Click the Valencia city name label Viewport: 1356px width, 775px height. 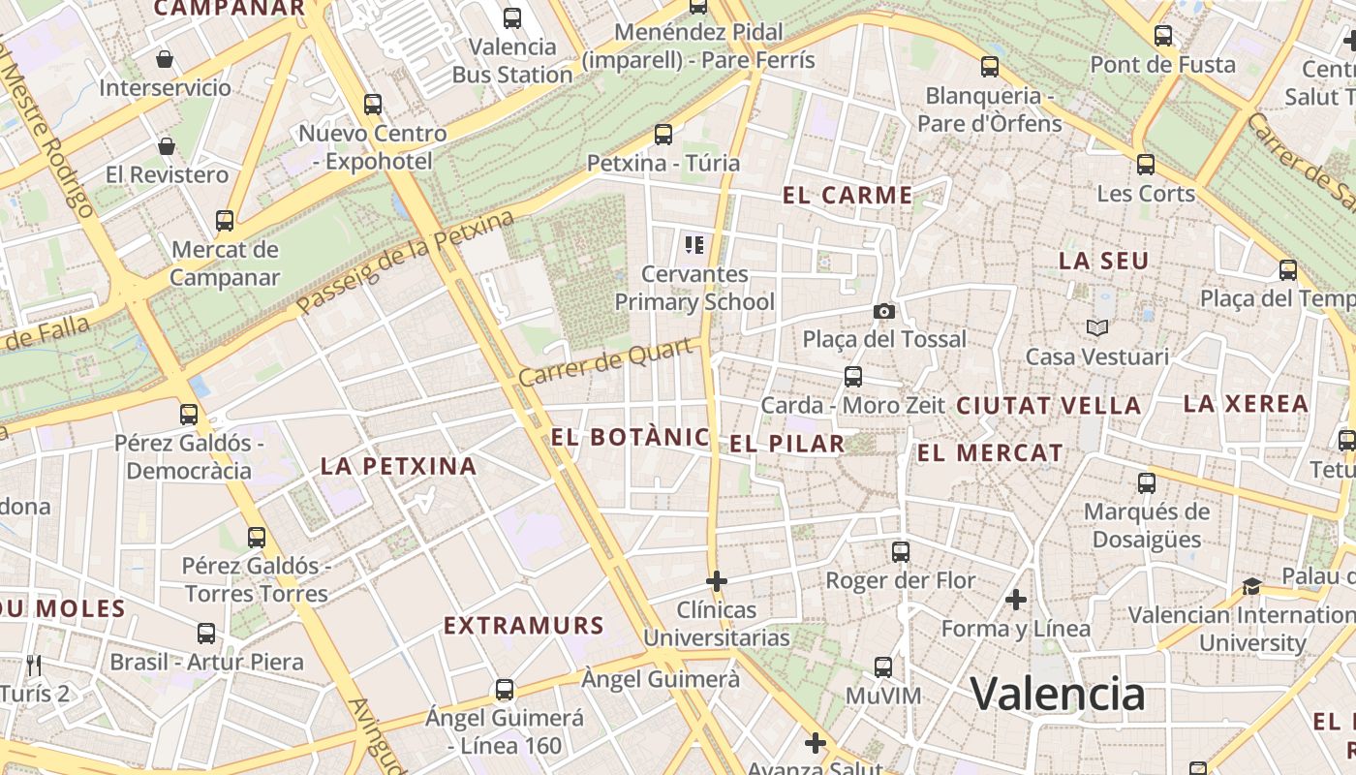coord(1058,694)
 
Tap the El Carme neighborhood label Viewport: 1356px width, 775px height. coord(847,196)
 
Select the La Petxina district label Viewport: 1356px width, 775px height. coord(398,466)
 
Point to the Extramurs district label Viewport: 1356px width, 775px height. coord(524,626)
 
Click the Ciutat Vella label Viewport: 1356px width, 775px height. coord(1049,406)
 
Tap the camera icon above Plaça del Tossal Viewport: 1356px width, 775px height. coord(883,311)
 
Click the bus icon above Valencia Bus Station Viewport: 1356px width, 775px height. coord(512,17)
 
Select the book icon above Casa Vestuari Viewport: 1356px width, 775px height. coord(1096,328)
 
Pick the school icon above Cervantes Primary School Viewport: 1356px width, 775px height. coord(693,244)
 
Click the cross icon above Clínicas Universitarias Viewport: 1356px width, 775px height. coord(717,581)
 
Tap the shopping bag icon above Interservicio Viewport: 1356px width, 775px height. coord(165,59)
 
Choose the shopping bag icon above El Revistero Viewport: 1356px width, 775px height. coord(167,146)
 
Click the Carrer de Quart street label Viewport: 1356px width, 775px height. coord(609,361)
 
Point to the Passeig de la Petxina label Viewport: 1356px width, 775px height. coord(405,263)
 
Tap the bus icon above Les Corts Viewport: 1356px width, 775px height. coord(1146,165)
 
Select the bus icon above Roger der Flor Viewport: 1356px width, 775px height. coord(901,552)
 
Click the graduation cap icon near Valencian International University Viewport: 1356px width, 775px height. coord(1251,586)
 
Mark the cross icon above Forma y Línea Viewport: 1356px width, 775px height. coord(1015,600)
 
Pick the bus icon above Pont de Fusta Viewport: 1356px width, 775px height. coord(1163,36)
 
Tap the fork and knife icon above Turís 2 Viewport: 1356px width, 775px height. coord(34,665)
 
